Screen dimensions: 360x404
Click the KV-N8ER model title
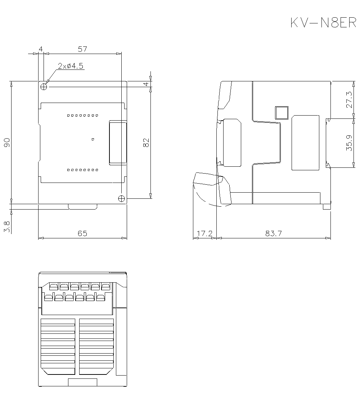(x=323, y=23)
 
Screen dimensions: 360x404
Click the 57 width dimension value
(x=82, y=49)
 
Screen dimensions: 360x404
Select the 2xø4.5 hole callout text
(x=71, y=66)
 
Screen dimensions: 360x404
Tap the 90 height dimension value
(x=7, y=143)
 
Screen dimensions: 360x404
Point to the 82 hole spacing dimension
(x=146, y=143)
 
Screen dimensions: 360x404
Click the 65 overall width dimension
(x=82, y=233)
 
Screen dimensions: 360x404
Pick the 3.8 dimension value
(x=7, y=226)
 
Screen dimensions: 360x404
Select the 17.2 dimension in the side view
(x=204, y=233)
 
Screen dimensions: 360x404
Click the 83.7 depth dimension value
(x=274, y=233)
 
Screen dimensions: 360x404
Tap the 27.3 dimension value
(x=349, y=100)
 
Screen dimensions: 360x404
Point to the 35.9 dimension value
(x=349, y=143)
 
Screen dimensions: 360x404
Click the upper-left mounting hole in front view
(x=44, y=87)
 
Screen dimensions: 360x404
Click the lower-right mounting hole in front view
(x=121, y=198)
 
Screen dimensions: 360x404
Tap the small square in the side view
(x=282, y=113)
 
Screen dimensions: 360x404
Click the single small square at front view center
(x=93, y=139)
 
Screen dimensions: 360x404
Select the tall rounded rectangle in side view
(x=305, y=143)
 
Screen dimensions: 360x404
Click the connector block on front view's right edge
(x=118, y=143)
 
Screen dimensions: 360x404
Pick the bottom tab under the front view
(x=83, y=207)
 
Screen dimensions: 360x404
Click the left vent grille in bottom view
(x=58, y=346)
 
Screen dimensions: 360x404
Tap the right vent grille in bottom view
(x=96, y=346)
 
